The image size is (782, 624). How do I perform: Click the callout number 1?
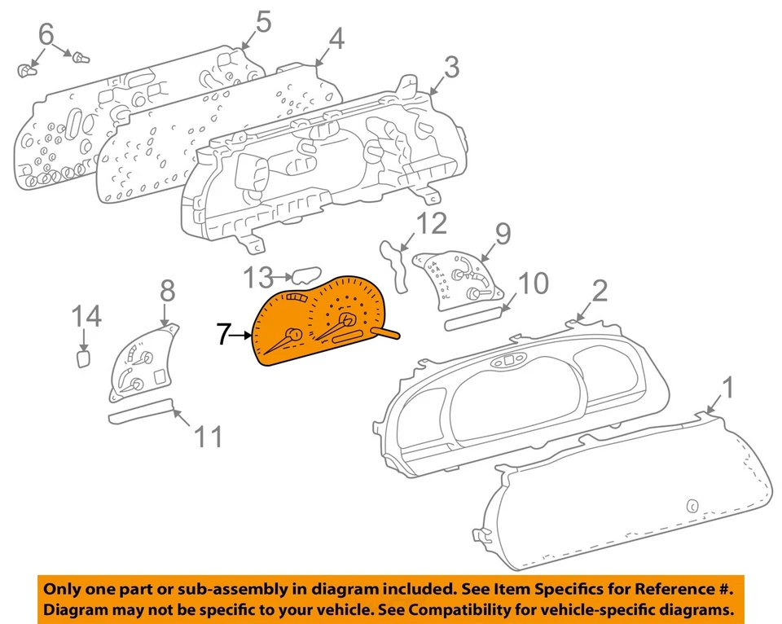point(728,388)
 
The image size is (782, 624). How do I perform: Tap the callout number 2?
point(599,291)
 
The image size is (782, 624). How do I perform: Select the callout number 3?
point(450,67)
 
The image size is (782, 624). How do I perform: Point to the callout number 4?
point(336,37)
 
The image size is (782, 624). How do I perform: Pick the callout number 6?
point(46,34)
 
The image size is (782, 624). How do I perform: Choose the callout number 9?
point(503,234)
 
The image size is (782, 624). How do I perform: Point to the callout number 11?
point(209,437)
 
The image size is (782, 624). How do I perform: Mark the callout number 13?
point(260,279)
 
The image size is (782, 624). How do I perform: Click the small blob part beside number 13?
point(306,278)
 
